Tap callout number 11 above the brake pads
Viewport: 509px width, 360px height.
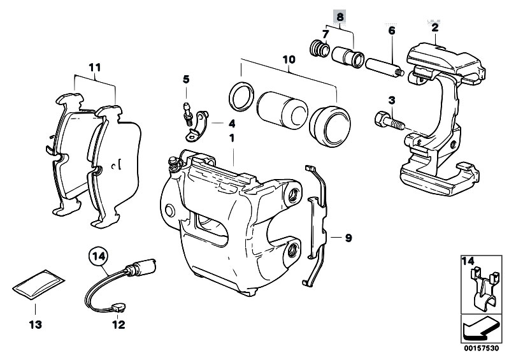click(95, 66)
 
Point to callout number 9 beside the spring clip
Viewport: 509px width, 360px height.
click(348, 239)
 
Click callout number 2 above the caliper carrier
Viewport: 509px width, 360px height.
click(434, 27)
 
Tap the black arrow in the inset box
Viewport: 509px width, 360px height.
click(478, 330)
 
